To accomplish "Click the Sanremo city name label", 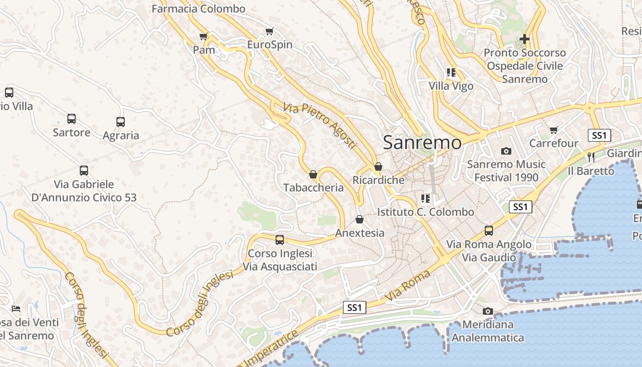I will (422, 142).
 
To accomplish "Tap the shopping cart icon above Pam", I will (204, 36).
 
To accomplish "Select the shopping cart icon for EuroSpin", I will (270, 32).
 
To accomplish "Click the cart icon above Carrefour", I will (554, 130).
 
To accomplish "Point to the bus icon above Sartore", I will (72, 119).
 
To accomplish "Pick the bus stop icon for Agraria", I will (121, 122).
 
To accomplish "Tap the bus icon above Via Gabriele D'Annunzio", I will (84, 171).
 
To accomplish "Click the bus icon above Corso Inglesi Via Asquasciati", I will (280, 240).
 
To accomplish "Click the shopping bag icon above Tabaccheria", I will (313, 174).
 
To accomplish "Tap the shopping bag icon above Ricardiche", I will (378, 167).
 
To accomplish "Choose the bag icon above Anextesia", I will (360, 219).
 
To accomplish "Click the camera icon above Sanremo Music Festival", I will (506, 151).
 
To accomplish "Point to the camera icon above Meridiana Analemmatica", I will (488, 311).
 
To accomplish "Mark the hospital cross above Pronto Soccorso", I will (525, 39).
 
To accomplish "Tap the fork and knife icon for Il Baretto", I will (591, 157).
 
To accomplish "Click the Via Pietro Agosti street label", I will (320, 125).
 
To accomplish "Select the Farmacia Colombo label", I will (199, 9).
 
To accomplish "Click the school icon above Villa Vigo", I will (451, 72).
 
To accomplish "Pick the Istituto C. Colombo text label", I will (426, 212).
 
